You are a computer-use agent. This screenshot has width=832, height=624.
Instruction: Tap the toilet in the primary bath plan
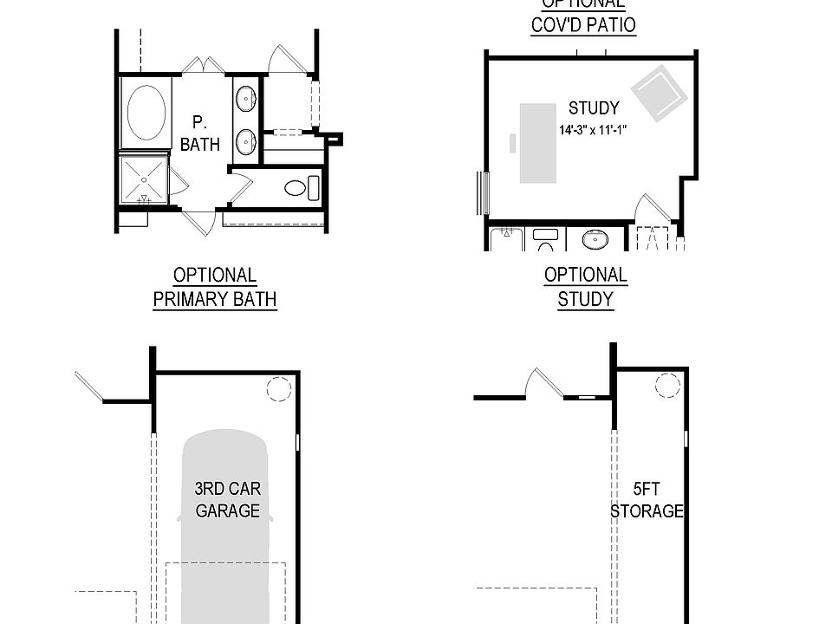tap(299, 187)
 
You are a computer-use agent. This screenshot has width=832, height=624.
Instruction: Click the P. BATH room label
tap(200, 133)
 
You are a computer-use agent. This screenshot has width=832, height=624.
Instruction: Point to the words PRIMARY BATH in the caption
tap(215, 300)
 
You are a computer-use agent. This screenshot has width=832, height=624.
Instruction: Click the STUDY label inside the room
tap(594, 108)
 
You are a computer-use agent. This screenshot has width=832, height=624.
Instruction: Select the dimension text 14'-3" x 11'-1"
tap(593, 130)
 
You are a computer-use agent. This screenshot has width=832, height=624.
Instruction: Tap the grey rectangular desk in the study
tap(537, 143)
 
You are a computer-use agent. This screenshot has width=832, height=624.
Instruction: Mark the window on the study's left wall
tap(483, 192)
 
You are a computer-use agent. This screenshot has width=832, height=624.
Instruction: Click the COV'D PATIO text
tap(583, 24)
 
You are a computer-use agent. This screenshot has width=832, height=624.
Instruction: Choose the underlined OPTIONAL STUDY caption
tap(586, 287)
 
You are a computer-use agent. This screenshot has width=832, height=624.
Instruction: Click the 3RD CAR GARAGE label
tap(227, 499)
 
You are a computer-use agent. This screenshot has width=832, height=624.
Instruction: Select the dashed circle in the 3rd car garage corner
tap(278, 390)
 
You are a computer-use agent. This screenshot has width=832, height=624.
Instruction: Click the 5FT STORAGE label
tap(647, 499)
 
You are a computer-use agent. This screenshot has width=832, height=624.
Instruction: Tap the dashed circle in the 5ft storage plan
tap(667, 385)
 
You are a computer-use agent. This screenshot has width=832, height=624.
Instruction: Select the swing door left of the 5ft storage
tap(543, 383)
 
